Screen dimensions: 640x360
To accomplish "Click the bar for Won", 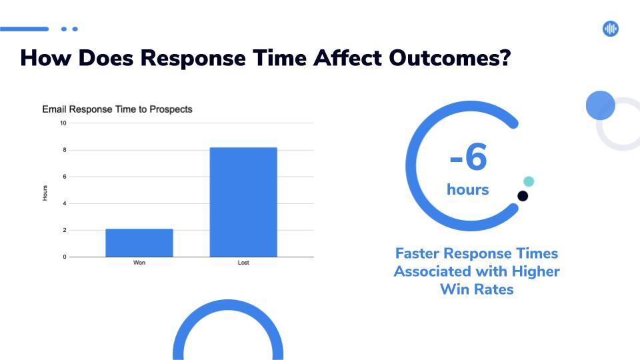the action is pos(139,243).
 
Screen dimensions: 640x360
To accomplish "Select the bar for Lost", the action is pos(243,202).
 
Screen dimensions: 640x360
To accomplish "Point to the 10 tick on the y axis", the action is pos(63,123).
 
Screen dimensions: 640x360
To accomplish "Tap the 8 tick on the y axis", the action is pos(65,150).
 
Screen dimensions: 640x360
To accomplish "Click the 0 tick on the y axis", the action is pos(65,257).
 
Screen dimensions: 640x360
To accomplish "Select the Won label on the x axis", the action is pos(139,263).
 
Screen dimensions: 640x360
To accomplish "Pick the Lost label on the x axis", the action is pos(243,263).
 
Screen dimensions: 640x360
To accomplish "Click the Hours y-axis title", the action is pos(45,193).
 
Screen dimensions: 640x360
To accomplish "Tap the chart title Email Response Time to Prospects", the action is pos(117,109).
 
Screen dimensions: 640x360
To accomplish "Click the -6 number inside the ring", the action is pos(468,157).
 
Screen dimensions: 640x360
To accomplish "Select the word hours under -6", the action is pos(468,189).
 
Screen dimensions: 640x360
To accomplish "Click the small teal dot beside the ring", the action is pos(529,181).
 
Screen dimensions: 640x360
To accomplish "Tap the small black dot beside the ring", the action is pos(523,196).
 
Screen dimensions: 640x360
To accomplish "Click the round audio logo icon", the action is pos(611,29).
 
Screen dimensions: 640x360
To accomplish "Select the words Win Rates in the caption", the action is pos(477,289).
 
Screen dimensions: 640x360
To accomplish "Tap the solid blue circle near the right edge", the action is pos(601,105).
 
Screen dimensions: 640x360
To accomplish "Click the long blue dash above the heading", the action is pos(25,29).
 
